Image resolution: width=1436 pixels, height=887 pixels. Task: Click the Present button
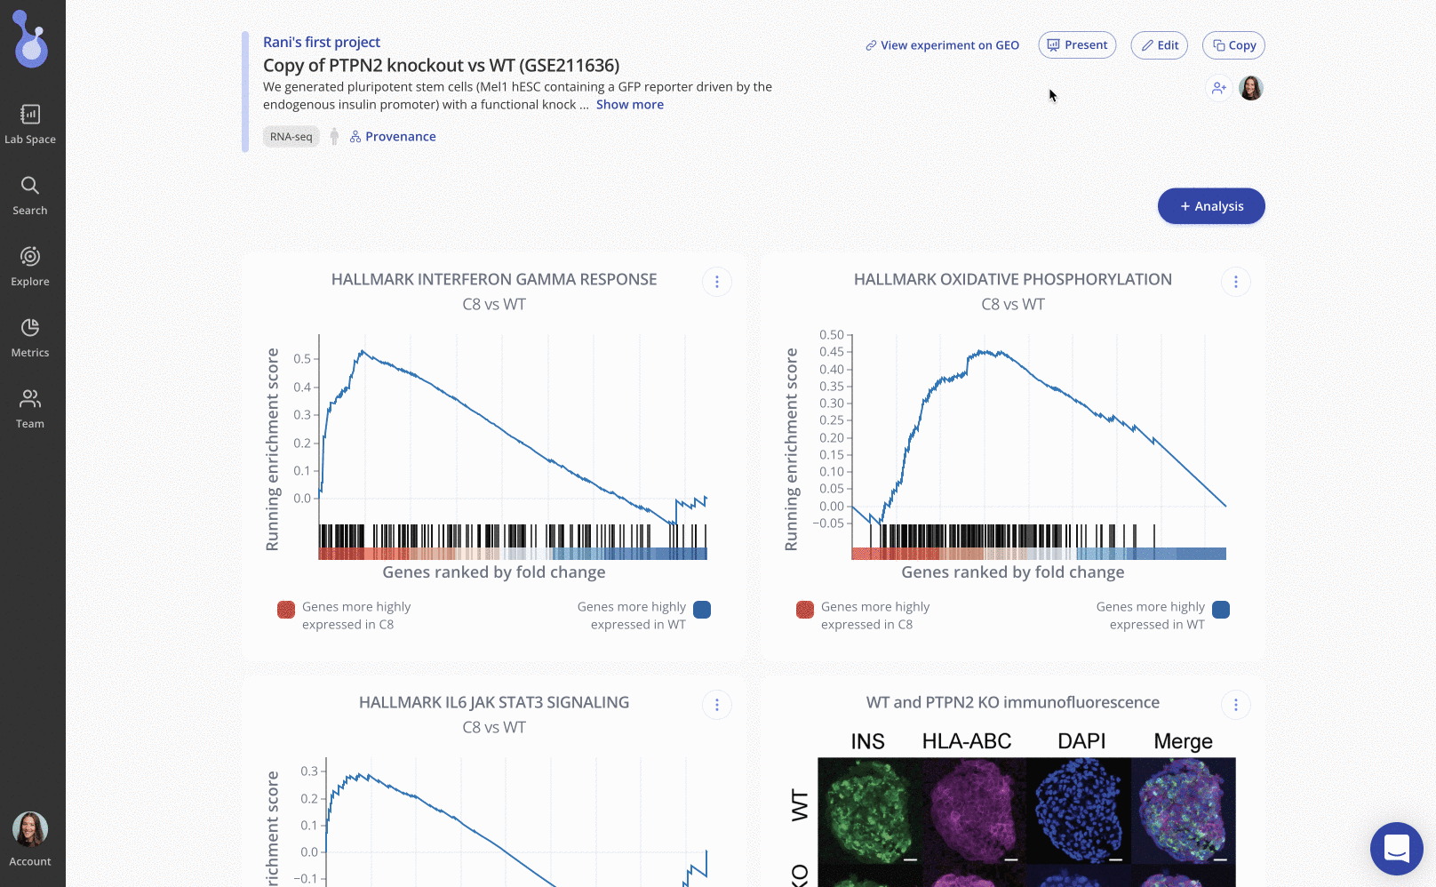pos(1077,45)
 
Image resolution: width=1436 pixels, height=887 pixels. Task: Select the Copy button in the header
pos(1233,45)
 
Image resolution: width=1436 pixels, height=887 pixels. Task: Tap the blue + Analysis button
pos(1211,206)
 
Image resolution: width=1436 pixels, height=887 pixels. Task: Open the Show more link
pos(629,105)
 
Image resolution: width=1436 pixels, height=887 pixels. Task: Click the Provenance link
pos(393,137)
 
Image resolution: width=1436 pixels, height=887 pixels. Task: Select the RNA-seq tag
pos(291,137)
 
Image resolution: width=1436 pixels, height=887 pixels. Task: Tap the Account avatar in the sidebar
pos(30,830)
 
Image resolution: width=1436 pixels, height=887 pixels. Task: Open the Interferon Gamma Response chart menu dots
pos(717,282)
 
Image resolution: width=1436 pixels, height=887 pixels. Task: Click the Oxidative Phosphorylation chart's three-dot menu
pos(1235,282)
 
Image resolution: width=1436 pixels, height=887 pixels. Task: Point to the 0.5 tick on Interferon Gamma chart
pos(302,359)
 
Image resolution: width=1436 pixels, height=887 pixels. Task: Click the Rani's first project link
pos(321,42)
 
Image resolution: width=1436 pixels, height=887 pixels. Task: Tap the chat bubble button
pos(1396,848)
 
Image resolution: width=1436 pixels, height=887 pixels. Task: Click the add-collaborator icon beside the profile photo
pos(1218,88)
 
